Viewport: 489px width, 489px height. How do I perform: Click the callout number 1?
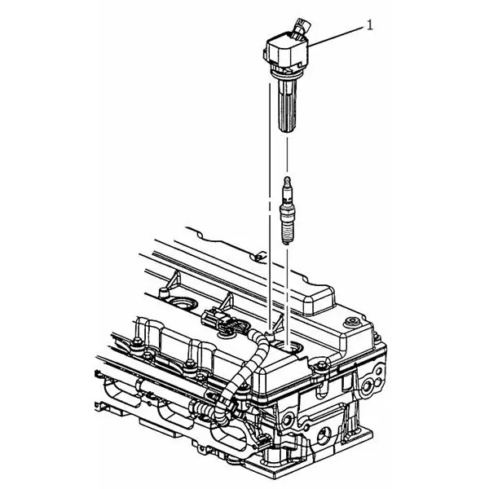tap(369, 25)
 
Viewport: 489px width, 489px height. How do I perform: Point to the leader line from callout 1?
tap(336, 37)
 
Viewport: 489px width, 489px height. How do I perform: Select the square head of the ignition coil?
tap(286, 52)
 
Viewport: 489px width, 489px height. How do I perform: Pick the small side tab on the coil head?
tap(266, 54)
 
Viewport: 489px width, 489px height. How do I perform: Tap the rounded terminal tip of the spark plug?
tap(287, 181)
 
